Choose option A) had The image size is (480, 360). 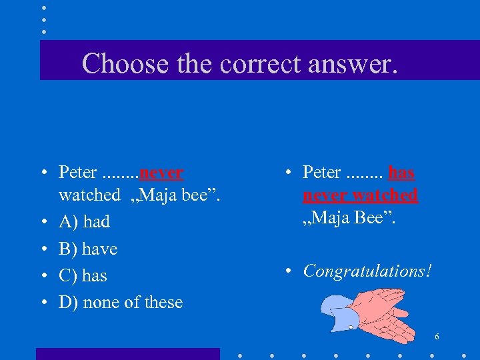tap(84, 221)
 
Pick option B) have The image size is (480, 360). tap(87, 249)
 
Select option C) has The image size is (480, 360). tap(83, 275)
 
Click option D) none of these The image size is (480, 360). tap(120, 302)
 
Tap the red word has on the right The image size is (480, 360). tap(401, 173)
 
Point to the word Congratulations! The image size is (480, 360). tap(367, 271)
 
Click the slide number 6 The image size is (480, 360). tap(437, 337)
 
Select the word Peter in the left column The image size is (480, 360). tap(78, 173)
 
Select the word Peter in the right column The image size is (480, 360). tap(322, 173)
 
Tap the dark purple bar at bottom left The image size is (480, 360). tap(127, 353)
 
